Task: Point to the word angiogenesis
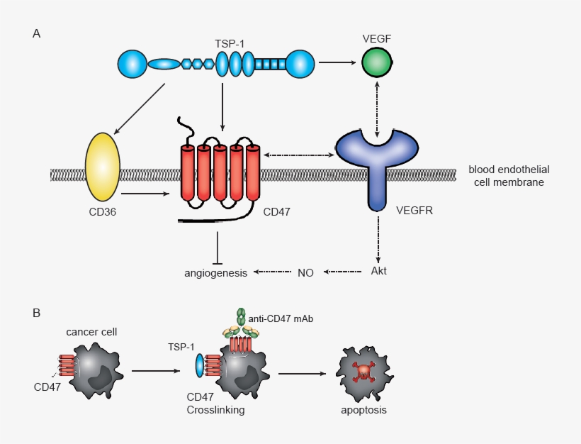coord(215,272)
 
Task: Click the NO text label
coord(305,272)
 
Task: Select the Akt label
coord(378,272)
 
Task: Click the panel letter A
coord(36,33)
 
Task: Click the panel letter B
coord(36,311)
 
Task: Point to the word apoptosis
coord(363,409)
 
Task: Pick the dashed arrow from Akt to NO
coord(347,272)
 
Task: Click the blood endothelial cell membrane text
coord(509,176)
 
